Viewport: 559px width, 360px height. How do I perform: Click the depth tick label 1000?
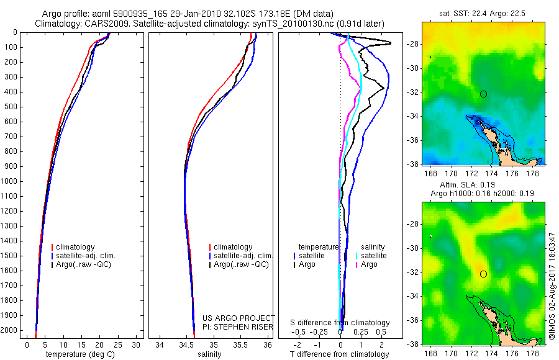[10, 181]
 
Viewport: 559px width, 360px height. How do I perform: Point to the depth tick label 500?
[12, 107]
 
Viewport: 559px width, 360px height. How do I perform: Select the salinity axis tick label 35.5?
[241, 344]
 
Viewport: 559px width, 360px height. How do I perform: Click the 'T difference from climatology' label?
[339, 354]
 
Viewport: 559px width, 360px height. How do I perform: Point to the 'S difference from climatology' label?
[340, 323]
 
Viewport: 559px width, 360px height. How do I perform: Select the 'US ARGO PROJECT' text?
[239, 318]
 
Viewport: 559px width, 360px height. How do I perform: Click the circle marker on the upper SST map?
[483, 94]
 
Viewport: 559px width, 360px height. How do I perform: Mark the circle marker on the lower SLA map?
[483, 274]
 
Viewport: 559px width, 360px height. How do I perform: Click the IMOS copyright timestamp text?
[552, 286]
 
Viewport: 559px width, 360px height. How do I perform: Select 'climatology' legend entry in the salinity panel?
[233, 247]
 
